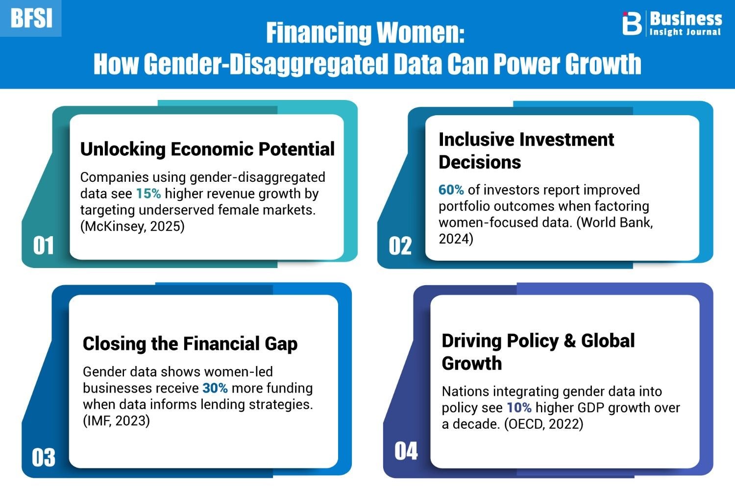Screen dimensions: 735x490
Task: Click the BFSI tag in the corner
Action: click(x=31, y=19)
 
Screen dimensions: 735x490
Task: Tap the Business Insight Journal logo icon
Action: click(x=632, y=23)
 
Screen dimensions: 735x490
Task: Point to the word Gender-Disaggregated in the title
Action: click(x=266, y=64)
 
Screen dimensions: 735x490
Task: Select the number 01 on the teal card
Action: click(x=43, y=245)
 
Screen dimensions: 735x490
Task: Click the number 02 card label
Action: click(x=400, y=246)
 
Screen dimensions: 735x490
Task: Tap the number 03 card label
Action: click(x=44, y=457)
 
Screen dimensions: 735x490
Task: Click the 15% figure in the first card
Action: click(x=148, y=194)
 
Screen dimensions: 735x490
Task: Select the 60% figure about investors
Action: click(x=451, y=190)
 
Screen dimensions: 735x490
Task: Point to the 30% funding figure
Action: click(x=215, y=388)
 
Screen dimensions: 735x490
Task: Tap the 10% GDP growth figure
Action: click(x=519, y=408)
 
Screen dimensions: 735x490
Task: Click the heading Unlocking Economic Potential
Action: click(x=207, y=149)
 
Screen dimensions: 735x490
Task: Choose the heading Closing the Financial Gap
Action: click(x=190, y=343)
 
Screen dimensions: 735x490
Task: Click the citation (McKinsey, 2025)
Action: click(x=133, y=226)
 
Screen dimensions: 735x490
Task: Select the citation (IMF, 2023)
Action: click(x=117, y=421)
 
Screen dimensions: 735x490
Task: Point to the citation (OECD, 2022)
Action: click(x=544, y=424)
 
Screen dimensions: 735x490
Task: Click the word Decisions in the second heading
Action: click(x=480, y=162)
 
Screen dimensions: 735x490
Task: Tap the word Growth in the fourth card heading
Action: click(x=472, y=363)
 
